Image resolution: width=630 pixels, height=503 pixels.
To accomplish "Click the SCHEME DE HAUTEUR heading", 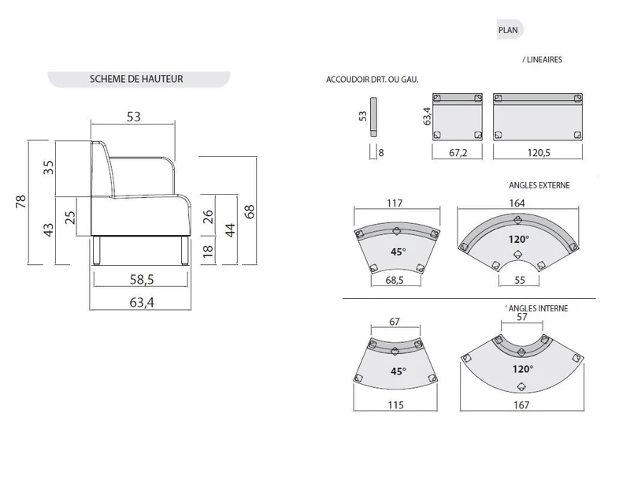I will tap(137, 79).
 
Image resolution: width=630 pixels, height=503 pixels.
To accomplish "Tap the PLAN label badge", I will tap(508, 30).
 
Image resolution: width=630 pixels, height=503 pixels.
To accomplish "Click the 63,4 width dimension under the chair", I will tap(139, 300).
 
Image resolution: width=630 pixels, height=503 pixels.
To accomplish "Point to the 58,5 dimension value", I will tap(139, 279).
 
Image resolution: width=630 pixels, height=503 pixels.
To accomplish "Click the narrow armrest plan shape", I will tap(374, 117).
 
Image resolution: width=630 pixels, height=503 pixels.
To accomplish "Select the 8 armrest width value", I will tap(381, 152).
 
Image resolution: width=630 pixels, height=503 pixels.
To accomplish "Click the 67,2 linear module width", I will tap(458, 152).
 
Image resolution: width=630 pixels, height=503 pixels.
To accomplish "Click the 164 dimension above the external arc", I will tap(517, 203).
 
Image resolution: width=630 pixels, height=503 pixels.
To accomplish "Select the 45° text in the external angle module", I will tap(398, 251).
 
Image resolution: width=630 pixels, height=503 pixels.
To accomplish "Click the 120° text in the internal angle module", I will tap(521, 368).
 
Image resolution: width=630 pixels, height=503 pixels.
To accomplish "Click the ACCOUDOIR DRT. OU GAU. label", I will tap(372, 80).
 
